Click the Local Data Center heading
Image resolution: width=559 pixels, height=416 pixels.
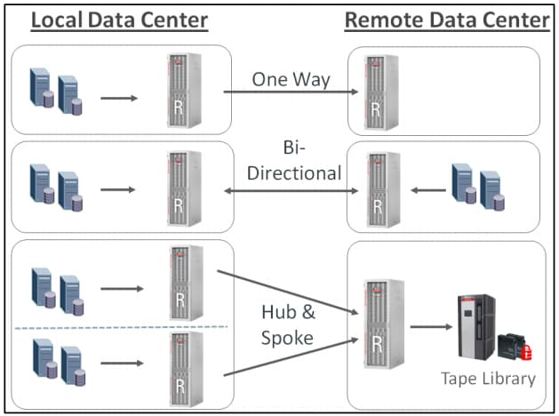[x=119, y=20]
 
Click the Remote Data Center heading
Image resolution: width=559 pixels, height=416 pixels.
[x=446, y=20]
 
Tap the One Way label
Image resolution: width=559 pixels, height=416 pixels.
[x=291, y=79]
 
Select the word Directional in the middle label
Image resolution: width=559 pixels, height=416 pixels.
[x=293, y=172]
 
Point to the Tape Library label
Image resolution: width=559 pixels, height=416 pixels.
[x=488, y=379]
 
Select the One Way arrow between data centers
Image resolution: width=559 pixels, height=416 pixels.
[x=291, y=92]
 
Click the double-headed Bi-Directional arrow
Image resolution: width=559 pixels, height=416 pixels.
[x=291, y=189]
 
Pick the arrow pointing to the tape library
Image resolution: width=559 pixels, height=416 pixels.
[x=430, y=326]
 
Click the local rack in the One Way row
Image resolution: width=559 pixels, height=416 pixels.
[x=183, y=91]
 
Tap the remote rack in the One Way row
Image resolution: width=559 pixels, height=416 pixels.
[x=377, y=91]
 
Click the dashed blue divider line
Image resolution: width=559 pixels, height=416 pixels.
[x=121, y=328]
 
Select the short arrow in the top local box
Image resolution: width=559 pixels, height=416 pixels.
[x=119, y=97]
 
